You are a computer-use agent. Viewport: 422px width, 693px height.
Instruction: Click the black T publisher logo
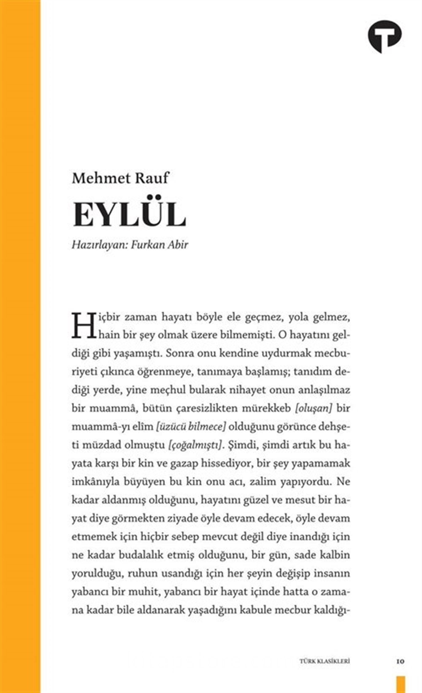(x=385, y=35)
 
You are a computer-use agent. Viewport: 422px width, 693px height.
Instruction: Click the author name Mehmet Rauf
(x=120, y=178)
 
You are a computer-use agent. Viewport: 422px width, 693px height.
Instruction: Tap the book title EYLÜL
(x=129, y=214)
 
